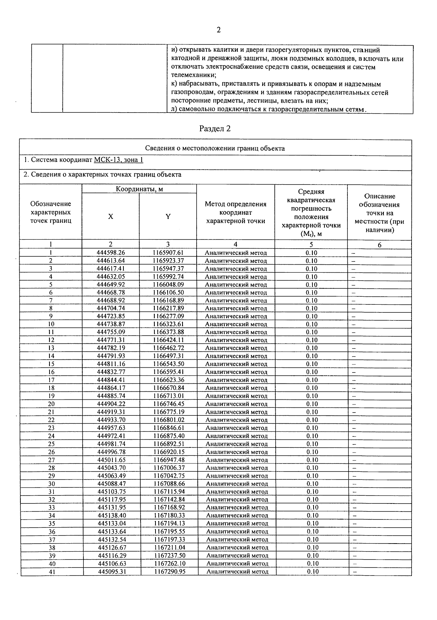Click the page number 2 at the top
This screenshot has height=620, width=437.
[219, 30]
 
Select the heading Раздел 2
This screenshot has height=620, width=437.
[215, 129]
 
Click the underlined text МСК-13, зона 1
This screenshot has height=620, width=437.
[118, 160]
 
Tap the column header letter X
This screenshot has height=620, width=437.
[110, 217]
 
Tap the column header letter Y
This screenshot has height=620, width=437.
[168, 217]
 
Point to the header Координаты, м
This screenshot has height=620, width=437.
[139, 189]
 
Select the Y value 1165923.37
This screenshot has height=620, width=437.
[168, 261]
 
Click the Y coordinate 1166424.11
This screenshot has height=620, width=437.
[169, 340]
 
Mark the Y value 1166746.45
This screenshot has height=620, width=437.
[169, 404]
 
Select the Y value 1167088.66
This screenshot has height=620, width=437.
[169, 484]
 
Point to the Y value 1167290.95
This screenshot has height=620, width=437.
[170, 572]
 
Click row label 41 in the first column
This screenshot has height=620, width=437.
[52, 572]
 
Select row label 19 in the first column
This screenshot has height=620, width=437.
[51, 396]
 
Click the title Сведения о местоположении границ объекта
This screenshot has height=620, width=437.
[215, 148]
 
